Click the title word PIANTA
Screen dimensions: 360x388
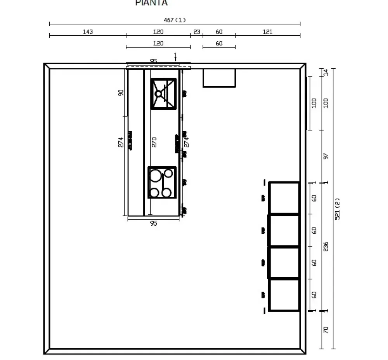coord(151,3)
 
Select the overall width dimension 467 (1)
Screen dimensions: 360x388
coord(175,20)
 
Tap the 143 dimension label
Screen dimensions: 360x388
coord(88,32)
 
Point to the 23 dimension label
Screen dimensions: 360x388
coord(197,32)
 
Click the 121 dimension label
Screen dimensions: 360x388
coord(267,32)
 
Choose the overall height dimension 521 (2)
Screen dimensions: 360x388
coord(337,209)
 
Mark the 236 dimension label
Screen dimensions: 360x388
coord(326,246)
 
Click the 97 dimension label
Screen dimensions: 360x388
coord(326,156)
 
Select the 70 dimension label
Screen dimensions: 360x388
coord(326,330)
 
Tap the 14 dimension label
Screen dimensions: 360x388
coord(326,72)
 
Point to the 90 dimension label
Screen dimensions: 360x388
coord(121,93)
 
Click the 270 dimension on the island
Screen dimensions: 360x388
coord(154,142)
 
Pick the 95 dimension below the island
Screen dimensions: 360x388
coord(153,223)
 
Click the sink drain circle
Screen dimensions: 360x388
coord(158,94)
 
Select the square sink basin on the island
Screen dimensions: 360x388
coord(163,94)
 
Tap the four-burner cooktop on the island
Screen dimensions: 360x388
coord(162,183)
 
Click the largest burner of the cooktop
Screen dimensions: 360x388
coord(155,176)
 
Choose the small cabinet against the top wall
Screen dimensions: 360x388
coord(219,78)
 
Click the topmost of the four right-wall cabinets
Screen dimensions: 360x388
coord(284,198)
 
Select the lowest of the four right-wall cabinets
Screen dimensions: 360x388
coord(284,295)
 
